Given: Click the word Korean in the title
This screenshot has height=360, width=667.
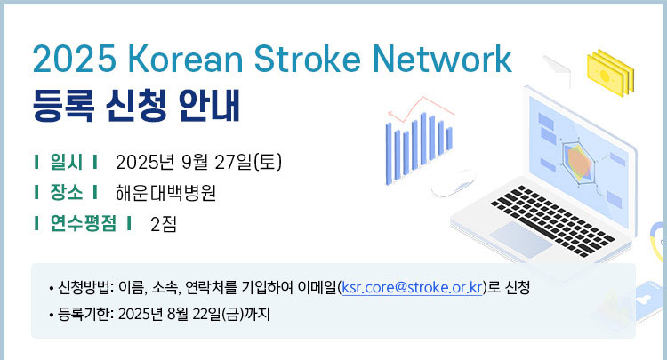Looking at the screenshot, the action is pyautogui.click(x=185, y=59).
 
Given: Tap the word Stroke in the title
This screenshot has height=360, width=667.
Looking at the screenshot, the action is pyautogui.click(x=308, y=59).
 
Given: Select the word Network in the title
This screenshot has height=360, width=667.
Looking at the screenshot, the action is pyautogui.click(x=442, y=59).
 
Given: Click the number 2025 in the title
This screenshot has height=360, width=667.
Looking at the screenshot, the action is pyautogui.click(x=75, y=59).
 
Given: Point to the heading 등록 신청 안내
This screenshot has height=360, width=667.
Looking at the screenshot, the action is pyautogui.click(x=137, y=106).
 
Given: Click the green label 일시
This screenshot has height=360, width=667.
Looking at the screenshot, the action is pyautogui.click(x=67, y=162).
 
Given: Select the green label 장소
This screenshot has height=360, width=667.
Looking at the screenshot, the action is pyautogui.click(x=67, y=192).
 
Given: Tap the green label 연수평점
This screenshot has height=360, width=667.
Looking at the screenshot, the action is pyautogui.click(x=83, y=223).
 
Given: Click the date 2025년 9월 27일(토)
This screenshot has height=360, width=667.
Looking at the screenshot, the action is pyautogui.click(x=198, y=162).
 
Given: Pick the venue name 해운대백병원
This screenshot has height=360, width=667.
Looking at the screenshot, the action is pyautogui.click(x=166, y=193).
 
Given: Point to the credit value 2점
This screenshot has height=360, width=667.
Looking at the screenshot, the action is pyautogui.click(x=164, y=224).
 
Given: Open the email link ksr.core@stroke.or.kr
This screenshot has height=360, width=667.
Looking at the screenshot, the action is pyautogui.click(x=412, y=288).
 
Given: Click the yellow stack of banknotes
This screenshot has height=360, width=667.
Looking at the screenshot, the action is pyautogui.click(x=610, y=73).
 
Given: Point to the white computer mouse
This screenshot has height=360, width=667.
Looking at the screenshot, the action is pyautogui.click(x=454, y=183).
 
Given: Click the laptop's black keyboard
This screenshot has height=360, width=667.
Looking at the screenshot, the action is pyautogui.click(x=552, y=220).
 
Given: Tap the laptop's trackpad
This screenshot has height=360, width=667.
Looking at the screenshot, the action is pyautogui.click(x=520, y=238).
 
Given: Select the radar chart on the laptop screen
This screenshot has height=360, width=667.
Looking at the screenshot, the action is pyautogui.click(x=579, y=161).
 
